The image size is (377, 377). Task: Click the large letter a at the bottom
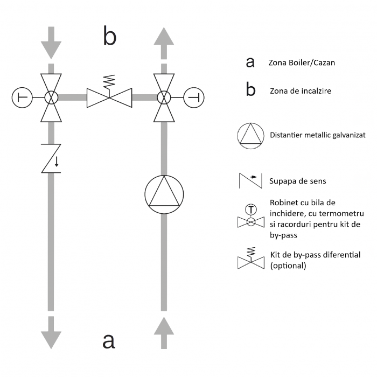109,340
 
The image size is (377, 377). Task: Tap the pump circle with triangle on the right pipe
164,194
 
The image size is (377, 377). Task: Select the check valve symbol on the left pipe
51,157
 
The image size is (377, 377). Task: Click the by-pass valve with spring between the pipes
109,95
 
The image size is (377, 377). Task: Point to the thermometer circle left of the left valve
22,97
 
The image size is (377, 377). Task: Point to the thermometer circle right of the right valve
194,97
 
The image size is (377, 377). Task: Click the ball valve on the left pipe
51,97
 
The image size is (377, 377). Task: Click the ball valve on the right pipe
164,97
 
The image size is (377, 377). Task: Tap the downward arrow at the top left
51,41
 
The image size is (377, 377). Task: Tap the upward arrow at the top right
164,41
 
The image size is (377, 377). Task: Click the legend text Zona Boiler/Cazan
302,62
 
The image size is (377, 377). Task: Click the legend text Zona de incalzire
300,91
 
